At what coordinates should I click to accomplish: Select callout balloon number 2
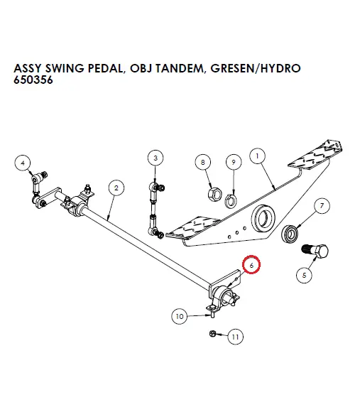[115, 188]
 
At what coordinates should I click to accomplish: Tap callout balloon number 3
[156, 157]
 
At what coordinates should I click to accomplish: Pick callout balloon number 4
[23, 163]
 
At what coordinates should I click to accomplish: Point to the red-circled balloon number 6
[252, 265]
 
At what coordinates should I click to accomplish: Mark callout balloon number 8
[204, 163]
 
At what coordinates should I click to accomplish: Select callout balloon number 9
[232, 163]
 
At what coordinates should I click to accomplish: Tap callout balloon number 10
[179, 315]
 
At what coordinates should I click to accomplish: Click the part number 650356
[33, 80]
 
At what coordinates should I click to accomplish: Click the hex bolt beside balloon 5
[316, 250]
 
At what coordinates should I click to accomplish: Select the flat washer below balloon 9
[233, 196]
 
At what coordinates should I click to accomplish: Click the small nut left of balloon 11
[213, 334]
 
